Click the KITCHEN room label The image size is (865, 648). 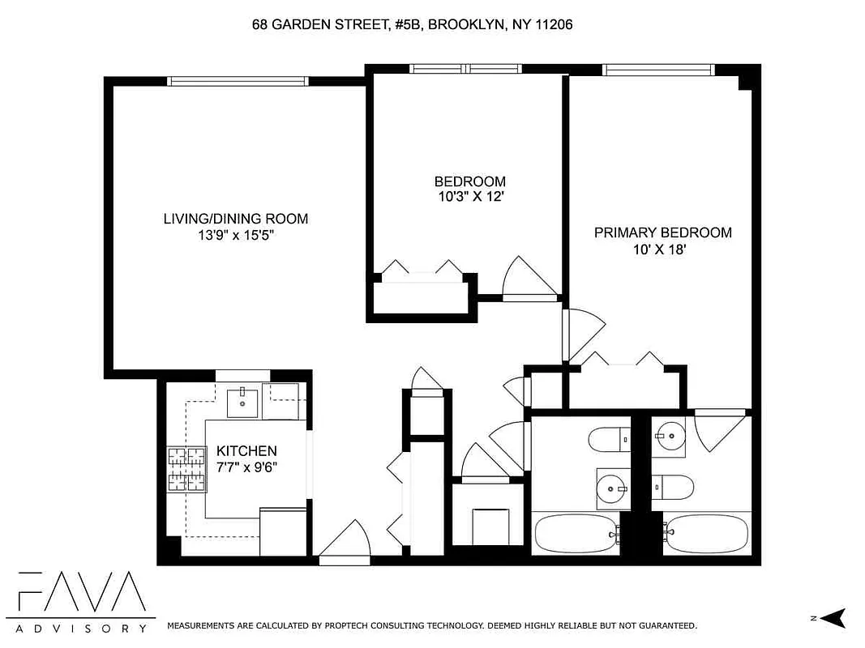246,450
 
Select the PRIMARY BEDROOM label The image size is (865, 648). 662,232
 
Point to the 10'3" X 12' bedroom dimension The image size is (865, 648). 469,197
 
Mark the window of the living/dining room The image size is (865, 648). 238,81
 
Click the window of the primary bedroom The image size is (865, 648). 657,70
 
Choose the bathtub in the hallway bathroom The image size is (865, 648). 576,534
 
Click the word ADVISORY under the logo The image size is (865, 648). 81,628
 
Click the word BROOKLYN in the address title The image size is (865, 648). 464,25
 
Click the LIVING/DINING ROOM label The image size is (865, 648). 236,219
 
